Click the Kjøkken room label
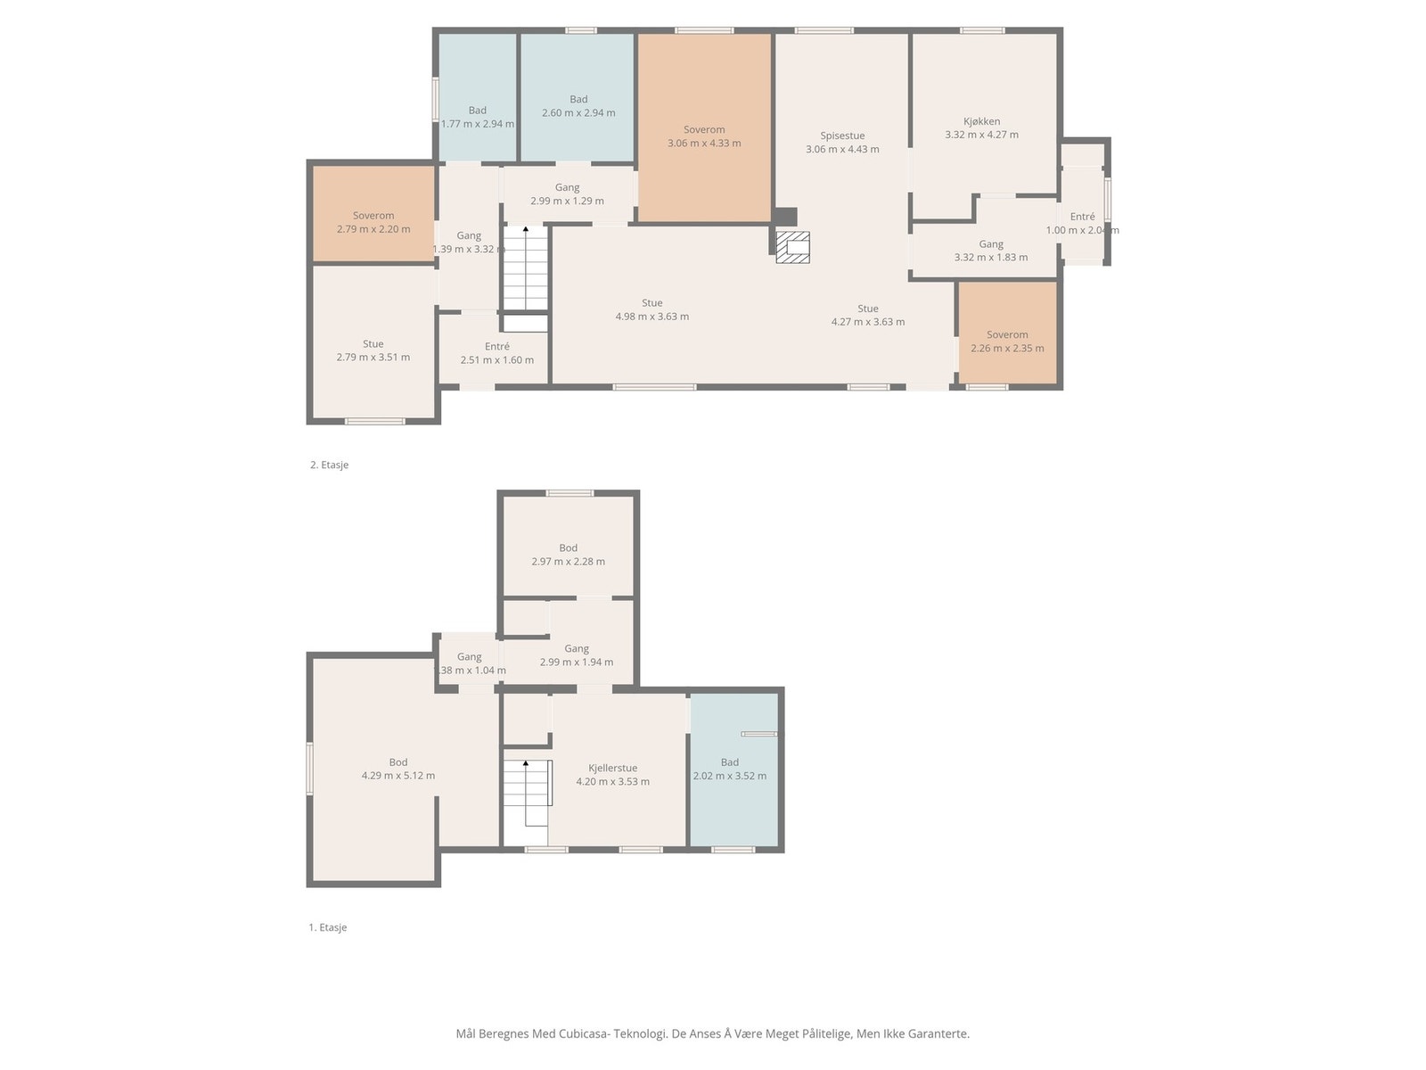(981, 121)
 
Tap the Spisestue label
(842, 136)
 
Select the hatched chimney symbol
(792, 247)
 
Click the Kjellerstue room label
(612, 768)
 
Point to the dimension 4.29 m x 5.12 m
(398, 775)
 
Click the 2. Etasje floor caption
(330, 465)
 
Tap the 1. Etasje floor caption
(327, 927)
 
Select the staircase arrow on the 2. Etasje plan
(526, 267)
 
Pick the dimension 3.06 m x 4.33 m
(704, 143)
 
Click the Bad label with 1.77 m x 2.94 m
(478, 111)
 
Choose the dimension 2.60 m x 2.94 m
(578, 112)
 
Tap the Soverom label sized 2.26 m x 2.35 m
(1007, 334)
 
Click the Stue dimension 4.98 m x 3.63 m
(652, 317)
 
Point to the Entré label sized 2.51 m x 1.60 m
(497, 346)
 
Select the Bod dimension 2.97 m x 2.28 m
(568, 562)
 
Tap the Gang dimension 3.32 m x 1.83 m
(991, 258)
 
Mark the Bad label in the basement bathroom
(730, 762)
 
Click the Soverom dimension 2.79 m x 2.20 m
(373, 228)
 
